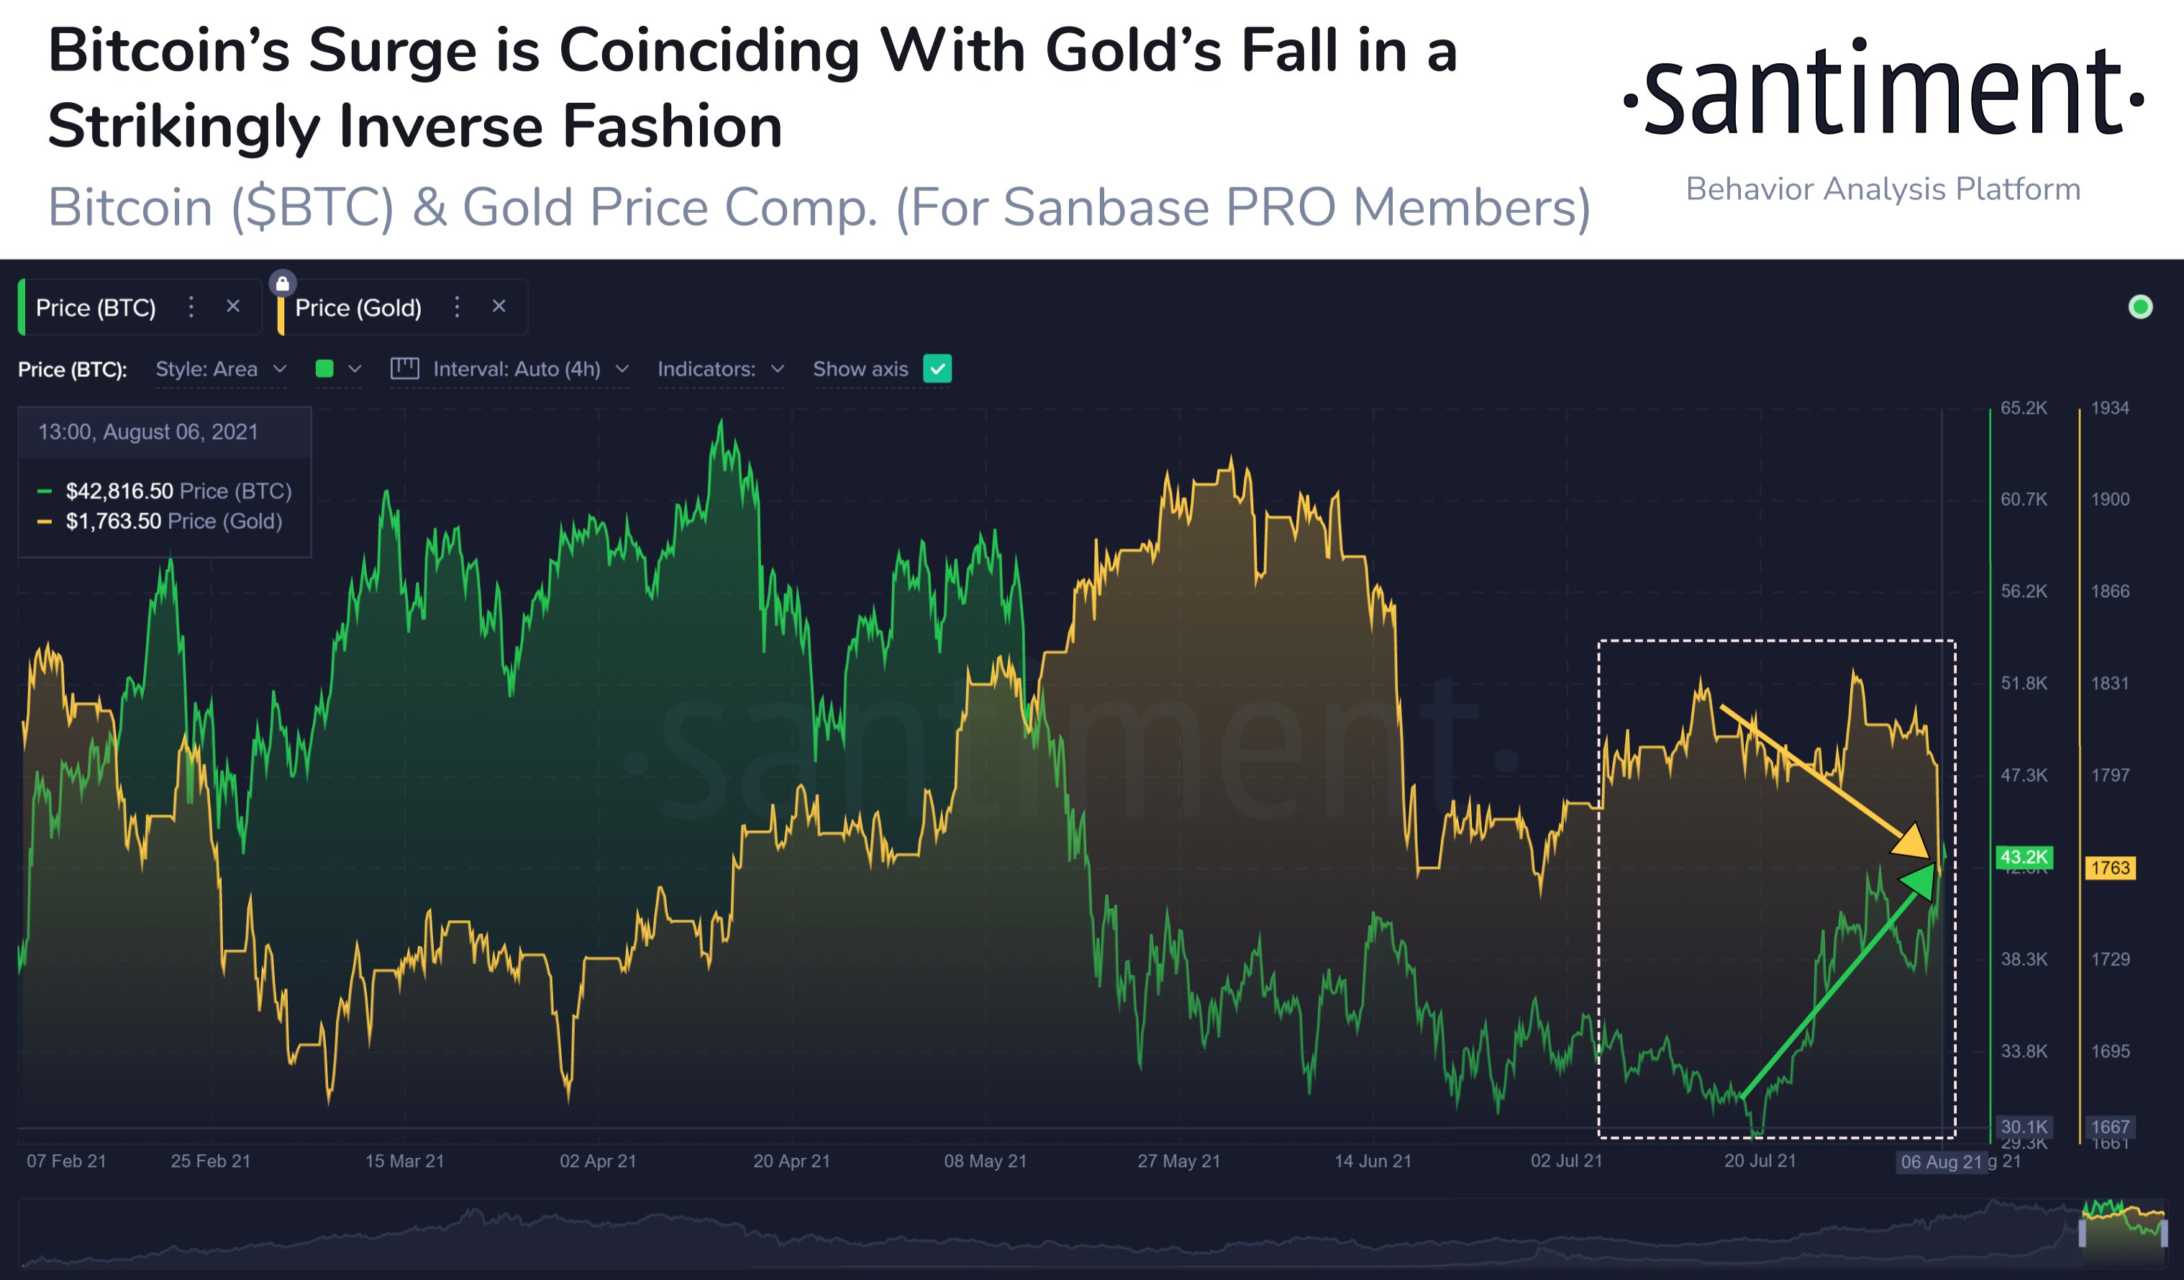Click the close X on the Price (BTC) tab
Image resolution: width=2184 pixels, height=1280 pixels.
point(232,307)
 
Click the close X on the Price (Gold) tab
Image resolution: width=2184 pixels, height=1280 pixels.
point(499,307)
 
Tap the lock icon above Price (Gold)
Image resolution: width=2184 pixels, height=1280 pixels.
point(283,283)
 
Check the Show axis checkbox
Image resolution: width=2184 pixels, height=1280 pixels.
point(937,369)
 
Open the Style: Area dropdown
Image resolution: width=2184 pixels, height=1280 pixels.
point(220,369)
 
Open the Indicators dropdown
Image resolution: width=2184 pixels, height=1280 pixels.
point(720,369)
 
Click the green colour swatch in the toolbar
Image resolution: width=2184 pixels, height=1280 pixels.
point(325,369)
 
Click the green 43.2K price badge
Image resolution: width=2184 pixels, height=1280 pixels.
point(2024,857)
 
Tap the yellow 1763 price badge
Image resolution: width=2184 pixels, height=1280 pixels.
point(2109,868)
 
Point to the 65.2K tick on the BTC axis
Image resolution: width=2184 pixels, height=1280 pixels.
point(2024,408)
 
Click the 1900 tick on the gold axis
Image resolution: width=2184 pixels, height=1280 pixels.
point(2109,499)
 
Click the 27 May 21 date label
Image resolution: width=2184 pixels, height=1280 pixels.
point(1178,1161)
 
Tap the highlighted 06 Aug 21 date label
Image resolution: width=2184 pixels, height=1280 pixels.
point(1942,1162)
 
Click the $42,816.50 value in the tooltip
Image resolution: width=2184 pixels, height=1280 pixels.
point(119,491)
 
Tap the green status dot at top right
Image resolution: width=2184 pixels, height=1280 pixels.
point(2140,307)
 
